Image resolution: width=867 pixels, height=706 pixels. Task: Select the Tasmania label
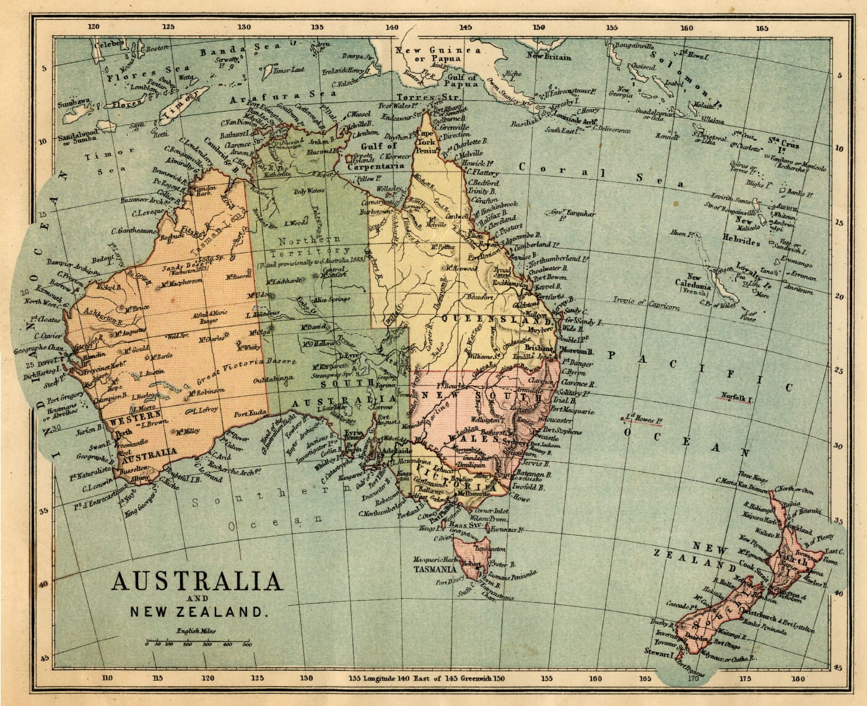(x=438, y=569)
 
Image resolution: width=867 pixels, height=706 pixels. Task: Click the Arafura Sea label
(x=274, y=98)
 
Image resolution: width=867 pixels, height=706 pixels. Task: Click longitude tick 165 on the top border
(x=762, y=27)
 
